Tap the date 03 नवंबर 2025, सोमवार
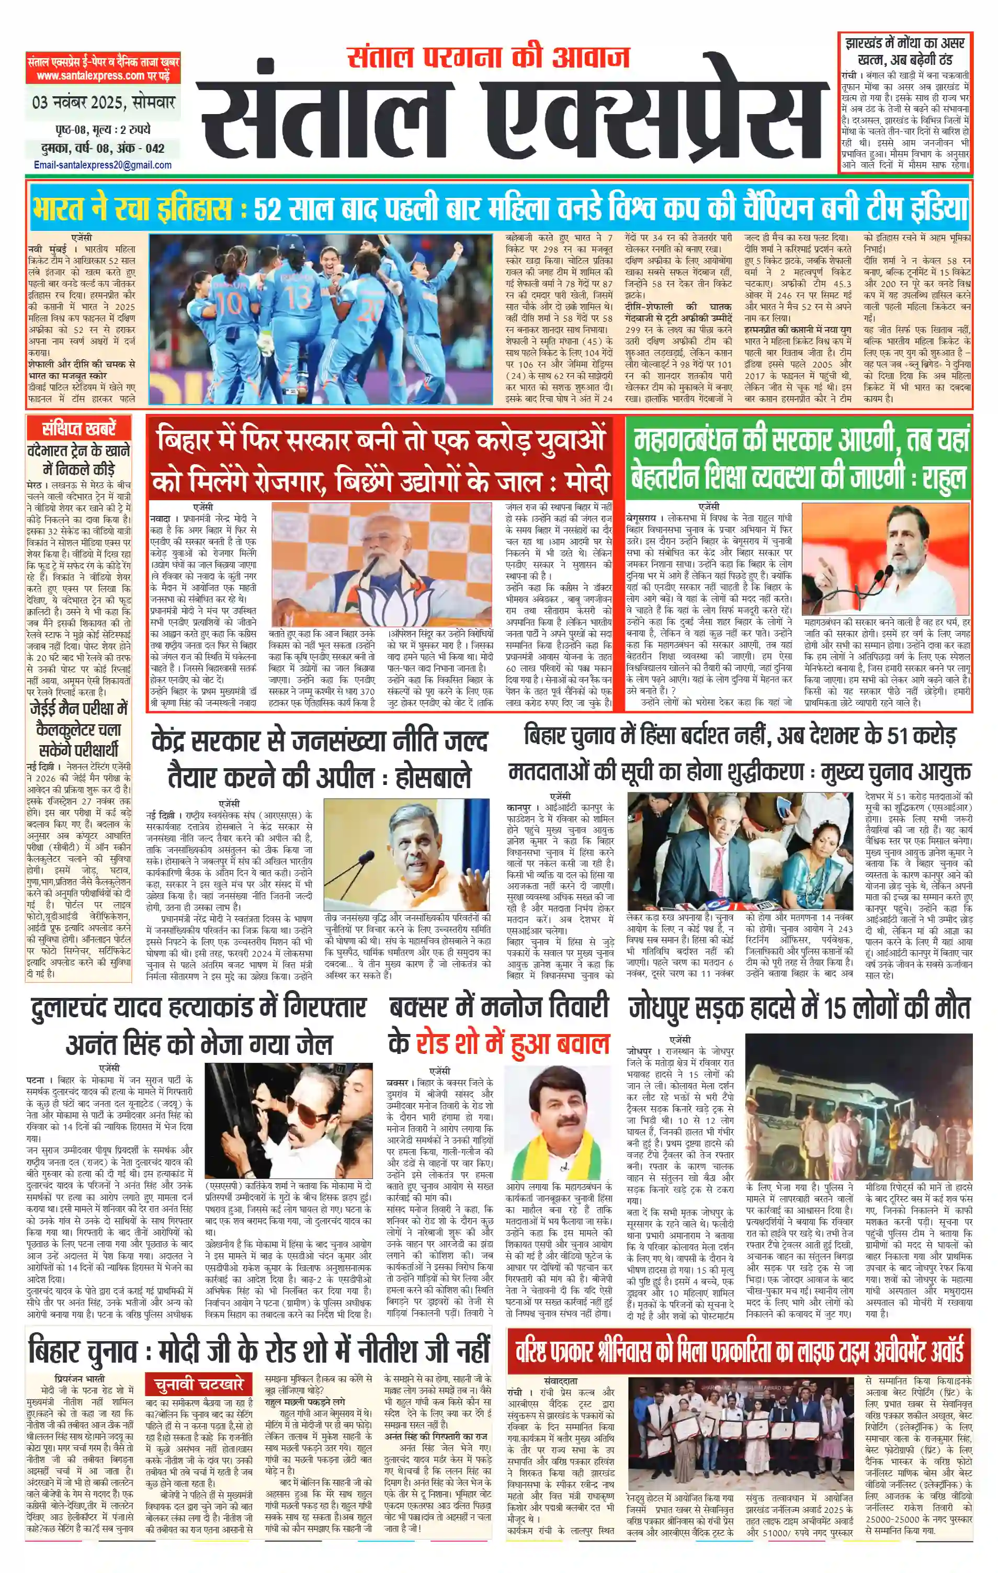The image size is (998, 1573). click(103, 103)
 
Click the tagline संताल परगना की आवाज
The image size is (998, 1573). click(488, 58)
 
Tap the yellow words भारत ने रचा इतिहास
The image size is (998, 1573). click(131, 209)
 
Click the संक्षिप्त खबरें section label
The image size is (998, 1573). click(78, 429)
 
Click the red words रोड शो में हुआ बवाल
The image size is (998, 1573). click(513, 1044)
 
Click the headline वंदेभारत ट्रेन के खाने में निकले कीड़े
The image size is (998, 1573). click(78, 460)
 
